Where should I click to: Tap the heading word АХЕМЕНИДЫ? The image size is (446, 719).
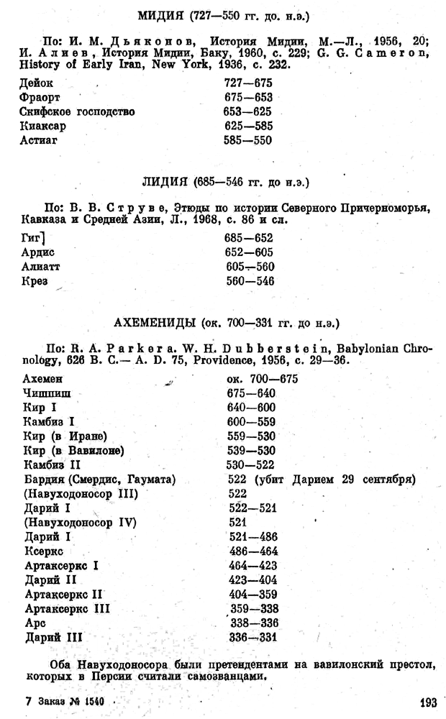point(151,319)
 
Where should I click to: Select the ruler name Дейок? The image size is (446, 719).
point(37,83)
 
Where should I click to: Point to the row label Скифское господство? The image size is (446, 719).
point(78,112)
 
